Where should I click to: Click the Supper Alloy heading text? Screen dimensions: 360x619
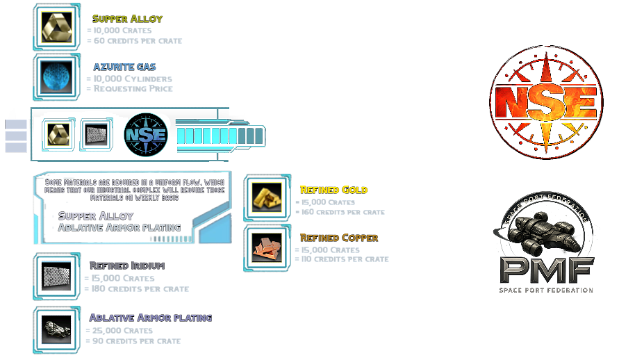point(127,19)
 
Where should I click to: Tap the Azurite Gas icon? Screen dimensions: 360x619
point(56,76)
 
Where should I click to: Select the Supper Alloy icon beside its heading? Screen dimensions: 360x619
point(56,26)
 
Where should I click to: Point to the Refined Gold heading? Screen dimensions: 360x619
point(333,190)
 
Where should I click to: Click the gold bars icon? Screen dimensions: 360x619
point(267,198)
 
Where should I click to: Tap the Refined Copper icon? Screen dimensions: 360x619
point(267,247)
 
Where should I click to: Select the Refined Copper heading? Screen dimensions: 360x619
point(339,238)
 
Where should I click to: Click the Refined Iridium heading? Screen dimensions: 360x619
point(127,265)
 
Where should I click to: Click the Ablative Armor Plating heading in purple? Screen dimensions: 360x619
point(151,318)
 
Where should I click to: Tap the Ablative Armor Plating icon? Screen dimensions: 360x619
point(56,327)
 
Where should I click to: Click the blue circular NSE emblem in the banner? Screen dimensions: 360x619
point(145,134)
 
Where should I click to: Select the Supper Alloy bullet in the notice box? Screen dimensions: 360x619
point(95,216)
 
